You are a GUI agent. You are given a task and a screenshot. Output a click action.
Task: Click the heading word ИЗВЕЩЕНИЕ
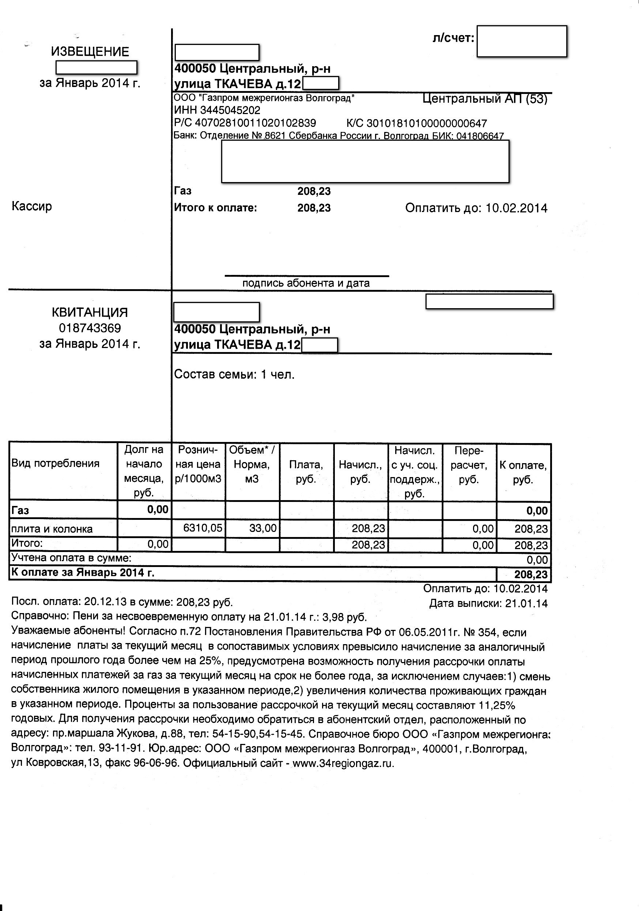90,52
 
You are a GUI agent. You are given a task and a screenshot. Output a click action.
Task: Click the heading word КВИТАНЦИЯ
90,312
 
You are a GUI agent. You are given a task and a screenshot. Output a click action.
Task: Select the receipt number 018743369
90,328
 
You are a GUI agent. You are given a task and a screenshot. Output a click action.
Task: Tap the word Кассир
32,206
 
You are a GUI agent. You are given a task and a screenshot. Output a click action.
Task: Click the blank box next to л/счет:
522,41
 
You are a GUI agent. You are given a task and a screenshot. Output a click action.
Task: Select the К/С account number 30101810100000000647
426,124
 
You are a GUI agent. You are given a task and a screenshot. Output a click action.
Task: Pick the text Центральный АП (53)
485,98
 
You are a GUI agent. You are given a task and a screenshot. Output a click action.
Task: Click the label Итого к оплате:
215,208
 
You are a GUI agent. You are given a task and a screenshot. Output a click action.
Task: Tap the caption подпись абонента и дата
306,283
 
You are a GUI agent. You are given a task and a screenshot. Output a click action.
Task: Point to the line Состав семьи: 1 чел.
234,375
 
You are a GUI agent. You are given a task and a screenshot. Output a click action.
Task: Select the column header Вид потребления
56,464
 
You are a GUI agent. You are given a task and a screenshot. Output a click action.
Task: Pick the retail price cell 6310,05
203,528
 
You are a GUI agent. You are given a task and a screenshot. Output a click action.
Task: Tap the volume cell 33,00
262,528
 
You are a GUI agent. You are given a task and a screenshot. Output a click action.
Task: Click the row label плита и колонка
52,529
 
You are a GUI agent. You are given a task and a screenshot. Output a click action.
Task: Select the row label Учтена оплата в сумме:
71,558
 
